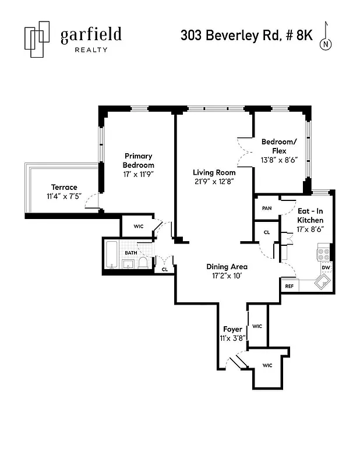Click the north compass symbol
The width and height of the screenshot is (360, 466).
pos(327,41)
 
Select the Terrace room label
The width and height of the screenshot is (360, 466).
pos(64,187)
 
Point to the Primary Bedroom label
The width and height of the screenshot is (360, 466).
pos(138,160)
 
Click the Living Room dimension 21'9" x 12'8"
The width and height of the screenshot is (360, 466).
pos(214,182)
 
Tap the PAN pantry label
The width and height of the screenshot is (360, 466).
pos(267,208)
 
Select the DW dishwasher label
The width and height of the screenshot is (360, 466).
pos(326,268)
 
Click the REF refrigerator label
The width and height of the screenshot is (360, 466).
pos(289,287)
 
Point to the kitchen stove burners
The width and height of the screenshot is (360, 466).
pos(323,254)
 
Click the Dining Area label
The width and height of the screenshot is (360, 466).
pos(227,267)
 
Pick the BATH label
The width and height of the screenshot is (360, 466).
pos(131,253)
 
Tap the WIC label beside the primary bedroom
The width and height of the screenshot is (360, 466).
pos(138,225)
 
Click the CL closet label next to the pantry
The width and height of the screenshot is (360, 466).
pos(267,232)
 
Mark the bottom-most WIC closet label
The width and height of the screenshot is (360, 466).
pos(267,365)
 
